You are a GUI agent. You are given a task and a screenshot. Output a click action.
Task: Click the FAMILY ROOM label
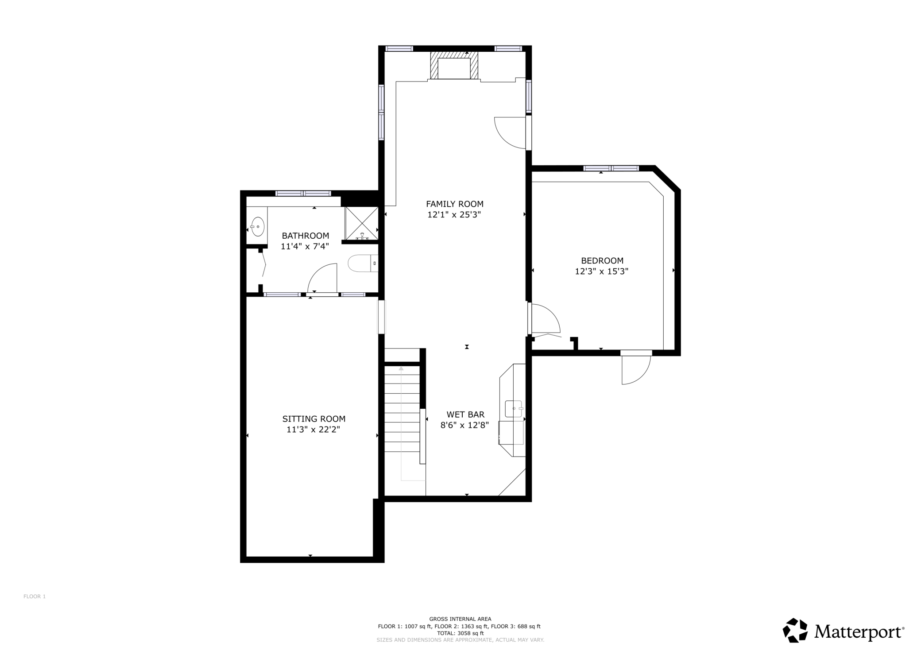point(454,204)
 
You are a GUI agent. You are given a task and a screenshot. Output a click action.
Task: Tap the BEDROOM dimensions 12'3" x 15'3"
point(602,271)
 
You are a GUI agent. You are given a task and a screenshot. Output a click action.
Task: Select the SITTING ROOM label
point(314,419)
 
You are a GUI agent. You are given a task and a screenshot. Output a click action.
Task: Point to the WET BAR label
point(465,415)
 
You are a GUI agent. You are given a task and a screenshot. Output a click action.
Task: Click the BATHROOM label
point(306,236)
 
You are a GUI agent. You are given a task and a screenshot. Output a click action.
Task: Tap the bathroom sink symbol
point(257,227)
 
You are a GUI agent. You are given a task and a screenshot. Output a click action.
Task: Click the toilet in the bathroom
point(363,263)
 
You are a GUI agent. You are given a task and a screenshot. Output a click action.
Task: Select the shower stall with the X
point(361,223)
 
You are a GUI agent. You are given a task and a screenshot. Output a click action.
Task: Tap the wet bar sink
point(514,409)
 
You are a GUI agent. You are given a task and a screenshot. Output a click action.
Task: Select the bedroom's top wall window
point(611,168)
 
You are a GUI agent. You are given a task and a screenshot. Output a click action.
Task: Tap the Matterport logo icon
point(796,631)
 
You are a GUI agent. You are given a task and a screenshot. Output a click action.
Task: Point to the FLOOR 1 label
point(35,597)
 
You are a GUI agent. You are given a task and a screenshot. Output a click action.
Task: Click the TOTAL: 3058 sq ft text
point(460,633)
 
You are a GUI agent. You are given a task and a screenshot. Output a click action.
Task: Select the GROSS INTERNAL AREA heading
point(460,619)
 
